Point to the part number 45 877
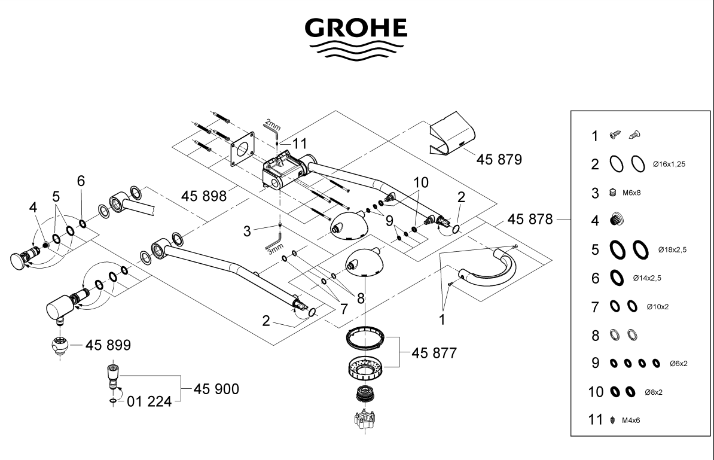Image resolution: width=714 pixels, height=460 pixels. pos(434,353)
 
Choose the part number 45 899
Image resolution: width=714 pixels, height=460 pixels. pos(108,345)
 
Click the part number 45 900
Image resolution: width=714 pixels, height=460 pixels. pos(216,389)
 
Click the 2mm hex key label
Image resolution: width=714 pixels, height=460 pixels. pos(272,124)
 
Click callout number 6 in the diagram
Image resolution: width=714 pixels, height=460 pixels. pos(81,181)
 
